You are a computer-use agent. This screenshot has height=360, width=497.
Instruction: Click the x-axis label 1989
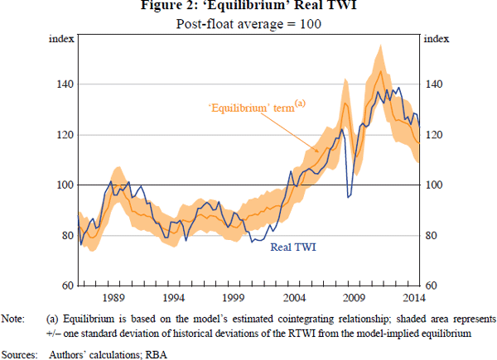(x=113, y=295)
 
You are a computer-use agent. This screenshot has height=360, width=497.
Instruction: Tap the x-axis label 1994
(x=173, y=295)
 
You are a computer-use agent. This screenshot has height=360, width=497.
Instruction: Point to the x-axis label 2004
(x=294, y=295)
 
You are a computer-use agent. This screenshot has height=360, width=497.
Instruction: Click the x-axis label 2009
(x=355, y=295)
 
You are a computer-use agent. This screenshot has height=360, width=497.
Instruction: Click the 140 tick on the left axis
(x=63, y=84)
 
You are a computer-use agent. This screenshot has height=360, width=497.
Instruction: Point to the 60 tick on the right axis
(x=431, y=286)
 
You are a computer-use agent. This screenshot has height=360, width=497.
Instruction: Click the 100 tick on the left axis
(x=63, y=185)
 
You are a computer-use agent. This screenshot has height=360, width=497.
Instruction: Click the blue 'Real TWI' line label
(x=292, y=246)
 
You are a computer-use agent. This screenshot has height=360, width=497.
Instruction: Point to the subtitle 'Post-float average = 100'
(x=248, y=23)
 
